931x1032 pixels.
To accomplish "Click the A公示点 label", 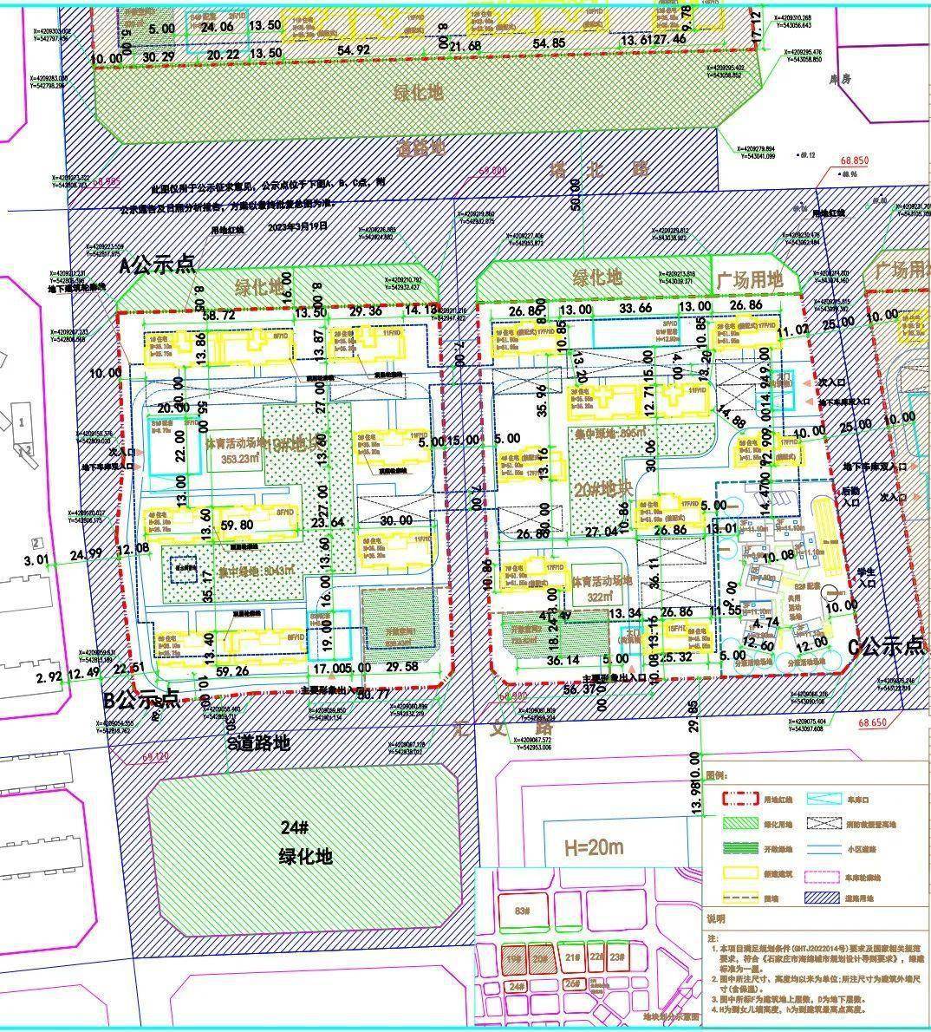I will click(x=157, y=265).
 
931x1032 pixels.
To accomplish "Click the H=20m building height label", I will click(x=594, y=846).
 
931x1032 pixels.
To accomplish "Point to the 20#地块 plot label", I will click(x=601, y=487).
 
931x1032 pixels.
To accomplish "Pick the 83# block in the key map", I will click(x=521, y=911).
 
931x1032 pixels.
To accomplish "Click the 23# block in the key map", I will click(x=616, y=957).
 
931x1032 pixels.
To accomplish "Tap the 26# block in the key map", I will click(x=571, y=983).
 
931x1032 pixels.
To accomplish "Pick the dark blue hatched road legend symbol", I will click(x=824, y=900).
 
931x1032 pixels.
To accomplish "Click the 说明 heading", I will click(x=716, y=918).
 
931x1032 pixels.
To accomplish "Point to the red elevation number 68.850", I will click(x=854, y=161).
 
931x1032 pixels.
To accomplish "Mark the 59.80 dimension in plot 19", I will click(x=237, y=525).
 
